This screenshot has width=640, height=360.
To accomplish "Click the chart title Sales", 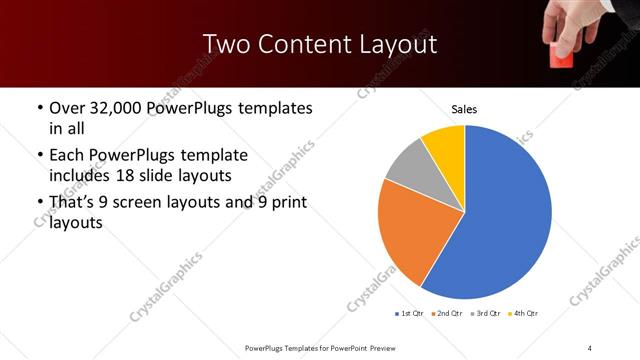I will tap(464, 108).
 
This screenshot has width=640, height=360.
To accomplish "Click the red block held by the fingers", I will tap(562, 57).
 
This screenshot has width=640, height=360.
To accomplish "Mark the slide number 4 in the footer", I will tap(590, 347).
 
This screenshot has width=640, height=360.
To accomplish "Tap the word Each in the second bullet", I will tap(66, 156).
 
